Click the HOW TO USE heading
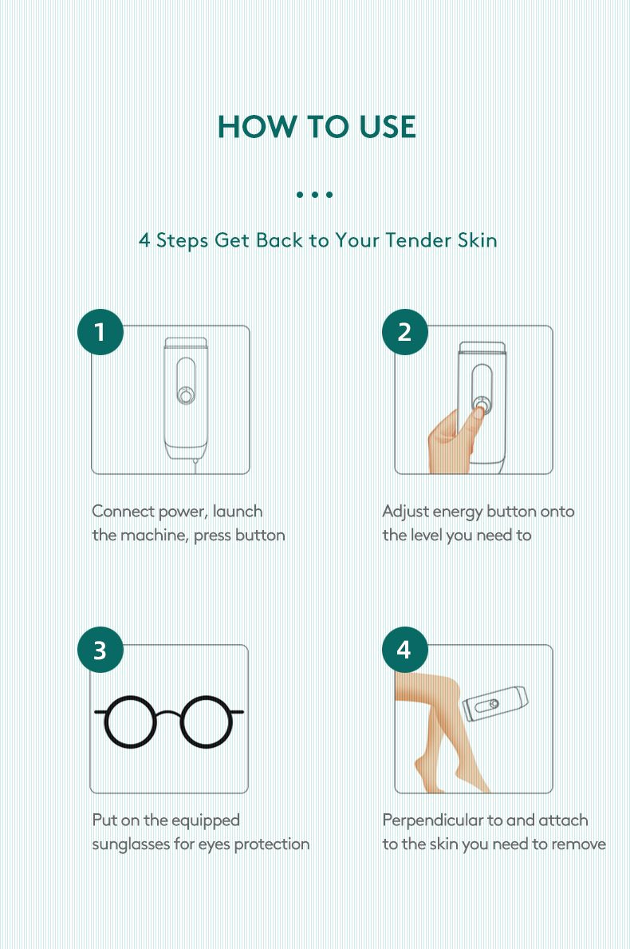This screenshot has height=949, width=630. (x=316, y=127)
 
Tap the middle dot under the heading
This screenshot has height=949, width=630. (x=314, y=194)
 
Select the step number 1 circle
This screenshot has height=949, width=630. (x=100, y=331)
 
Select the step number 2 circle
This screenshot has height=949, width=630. (x=404, y=331)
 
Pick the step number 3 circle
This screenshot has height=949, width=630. (x=100, y=650)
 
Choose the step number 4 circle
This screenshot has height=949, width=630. (x=404, y=650)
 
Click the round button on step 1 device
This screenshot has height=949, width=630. (x=185, y=394)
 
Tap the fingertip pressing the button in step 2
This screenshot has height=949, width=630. (x=478, y=412)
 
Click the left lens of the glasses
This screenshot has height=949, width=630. (x=132, y=721)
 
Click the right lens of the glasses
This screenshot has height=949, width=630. (x=207, y=721)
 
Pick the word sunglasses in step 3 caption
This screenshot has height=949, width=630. (x=131, y=844)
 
